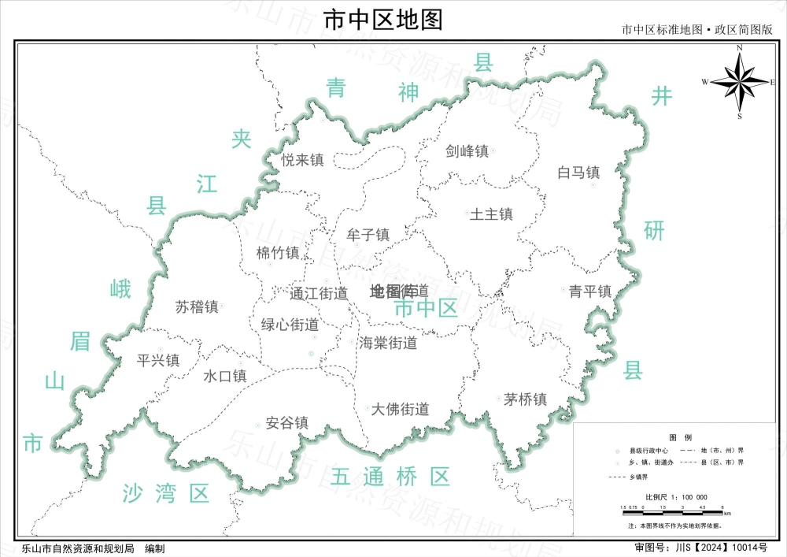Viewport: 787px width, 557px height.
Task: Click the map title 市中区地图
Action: [383, 19]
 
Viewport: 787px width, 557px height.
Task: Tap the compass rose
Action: [738, 82]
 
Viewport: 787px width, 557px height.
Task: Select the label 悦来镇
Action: [303, 160]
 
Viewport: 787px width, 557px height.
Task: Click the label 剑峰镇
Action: [467, 150]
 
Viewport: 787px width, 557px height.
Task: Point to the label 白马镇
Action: [578, 172]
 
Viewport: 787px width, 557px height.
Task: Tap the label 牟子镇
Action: [368, 235]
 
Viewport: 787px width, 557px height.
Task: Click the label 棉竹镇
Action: [278, 253]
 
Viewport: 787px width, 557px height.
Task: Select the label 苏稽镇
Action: [197, 306]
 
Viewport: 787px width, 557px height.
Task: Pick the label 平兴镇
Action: [158, 360]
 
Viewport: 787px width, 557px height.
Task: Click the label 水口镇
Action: [225, 376]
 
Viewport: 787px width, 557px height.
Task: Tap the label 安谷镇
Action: [287, 422]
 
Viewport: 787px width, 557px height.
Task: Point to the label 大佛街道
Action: [400, 409]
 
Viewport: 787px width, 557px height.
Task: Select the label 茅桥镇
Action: [525, 399]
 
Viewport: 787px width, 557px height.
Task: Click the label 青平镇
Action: [590, 291]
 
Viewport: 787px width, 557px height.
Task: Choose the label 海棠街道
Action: [388, 343]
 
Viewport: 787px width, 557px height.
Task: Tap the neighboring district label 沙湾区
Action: [166, 494]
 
